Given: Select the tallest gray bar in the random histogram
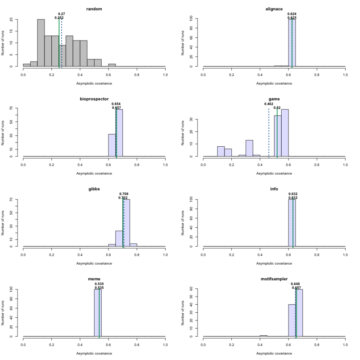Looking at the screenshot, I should pyautogui.click(x=40, y=43).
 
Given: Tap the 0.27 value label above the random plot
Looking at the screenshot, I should pyautogui.click(x=62, y=14).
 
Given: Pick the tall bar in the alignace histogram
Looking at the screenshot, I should pyautogui.click(x=292, y=43).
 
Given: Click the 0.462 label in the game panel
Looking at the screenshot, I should pyautogui.click(x=269, y=104).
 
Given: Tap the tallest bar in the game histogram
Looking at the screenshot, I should pyautogui.click(x=285, y=133).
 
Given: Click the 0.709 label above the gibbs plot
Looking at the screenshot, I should pyautogui.click(x=125, y=194).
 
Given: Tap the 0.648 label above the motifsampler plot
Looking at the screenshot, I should pyautogui.click(x=296, y=284).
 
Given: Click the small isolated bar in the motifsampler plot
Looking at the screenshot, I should pyautogui.click(x=264, y=336).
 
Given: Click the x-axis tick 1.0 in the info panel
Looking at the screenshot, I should pyautogui.click(x=345, y=252).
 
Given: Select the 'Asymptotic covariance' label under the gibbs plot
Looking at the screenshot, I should pyautogui.click(x=94, y=263).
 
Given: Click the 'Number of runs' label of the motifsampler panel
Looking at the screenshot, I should pyautogui.click(x=183, y=313).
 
